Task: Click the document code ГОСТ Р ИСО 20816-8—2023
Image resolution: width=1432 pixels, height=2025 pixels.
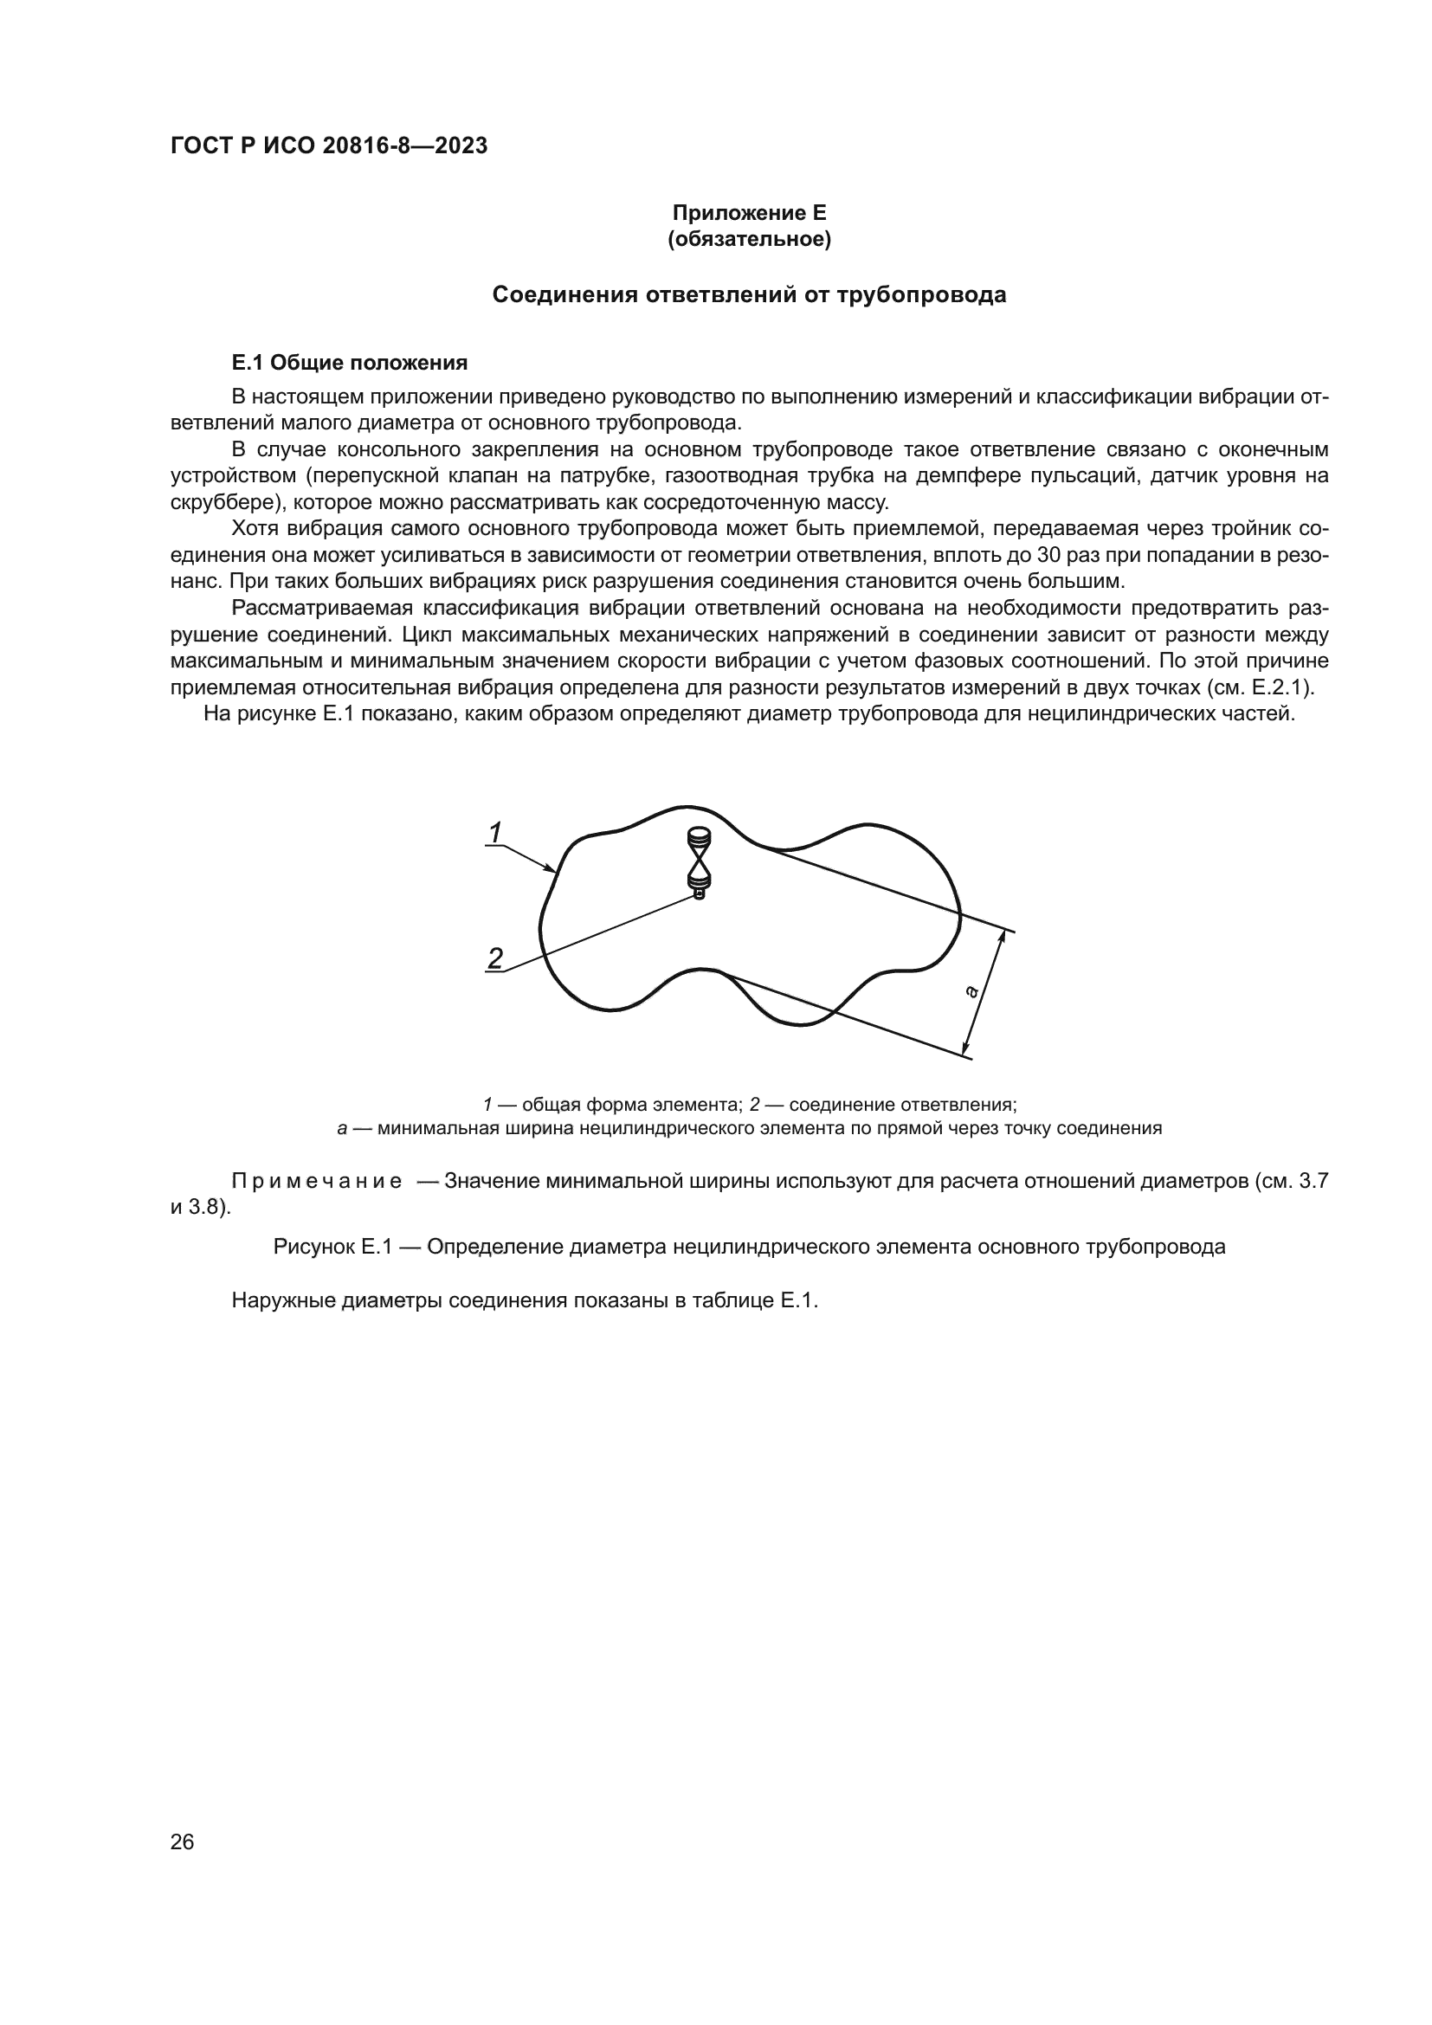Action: point(329,146)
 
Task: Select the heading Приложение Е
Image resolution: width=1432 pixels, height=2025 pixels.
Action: point(750,213)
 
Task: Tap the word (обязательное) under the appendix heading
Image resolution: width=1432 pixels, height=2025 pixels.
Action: point(750,239)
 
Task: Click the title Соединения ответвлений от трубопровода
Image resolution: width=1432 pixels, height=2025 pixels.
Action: point(749,294)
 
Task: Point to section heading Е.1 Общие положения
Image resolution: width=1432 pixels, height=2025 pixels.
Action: point(349,363)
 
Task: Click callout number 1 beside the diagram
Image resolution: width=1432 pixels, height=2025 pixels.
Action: point(495,832)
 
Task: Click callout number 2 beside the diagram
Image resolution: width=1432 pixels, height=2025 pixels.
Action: point(495,958)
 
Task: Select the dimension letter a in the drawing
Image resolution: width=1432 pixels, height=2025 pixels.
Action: point(971,991)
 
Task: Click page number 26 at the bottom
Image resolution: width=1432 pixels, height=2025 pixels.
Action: point(182,1841)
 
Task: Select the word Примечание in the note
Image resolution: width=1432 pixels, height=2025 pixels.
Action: point(317,1181)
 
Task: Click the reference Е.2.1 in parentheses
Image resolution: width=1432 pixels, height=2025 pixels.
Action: point(1275,687)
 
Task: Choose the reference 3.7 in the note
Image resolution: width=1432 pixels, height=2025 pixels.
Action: point(1313,1181)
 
